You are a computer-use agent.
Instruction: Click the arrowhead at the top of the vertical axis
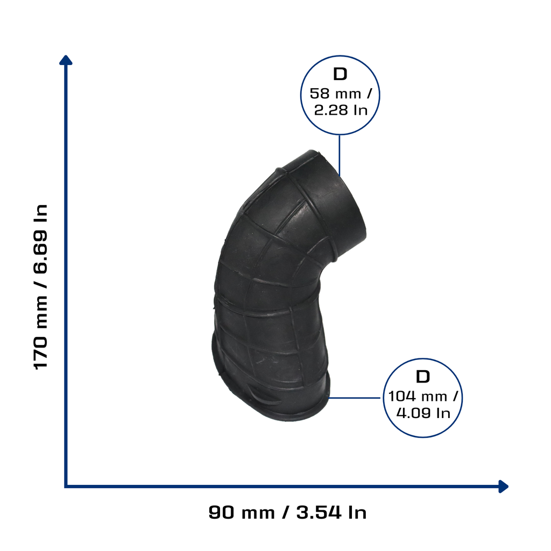[x=66, y=60]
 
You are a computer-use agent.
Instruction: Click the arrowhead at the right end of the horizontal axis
[x=504, y=486]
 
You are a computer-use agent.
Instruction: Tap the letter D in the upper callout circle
[x=340, y=74]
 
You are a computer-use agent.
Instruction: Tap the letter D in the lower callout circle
[x=423, y=377]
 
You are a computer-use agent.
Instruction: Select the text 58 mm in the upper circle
[x=335, y=94]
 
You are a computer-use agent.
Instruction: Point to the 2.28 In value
[x=341, y=110]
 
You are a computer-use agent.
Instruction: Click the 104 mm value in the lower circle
[x=418, y=397]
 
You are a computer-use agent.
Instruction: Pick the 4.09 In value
[x=423, y=413]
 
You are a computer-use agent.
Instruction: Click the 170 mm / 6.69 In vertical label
[x=41, y=287]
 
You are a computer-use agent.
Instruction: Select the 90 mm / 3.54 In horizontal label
[x=287, y=512]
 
